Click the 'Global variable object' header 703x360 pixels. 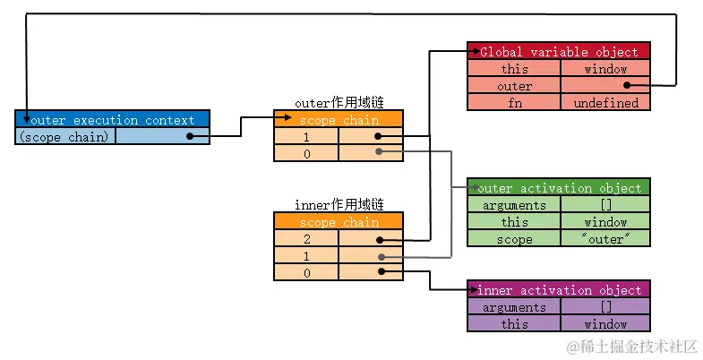tap(559, 52)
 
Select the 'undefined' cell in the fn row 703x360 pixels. tap(605, 103)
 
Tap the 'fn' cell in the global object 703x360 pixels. tap(514, 103)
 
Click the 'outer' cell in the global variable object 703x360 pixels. tap(514, 86)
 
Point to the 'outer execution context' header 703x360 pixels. tap(112, 120)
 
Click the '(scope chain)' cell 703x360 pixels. tap(65, 137)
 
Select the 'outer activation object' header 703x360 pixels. tap(559, 188)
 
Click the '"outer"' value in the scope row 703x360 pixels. tap(605, 239)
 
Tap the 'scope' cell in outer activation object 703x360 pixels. tap(514, 239)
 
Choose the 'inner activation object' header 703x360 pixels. tap(559, 290)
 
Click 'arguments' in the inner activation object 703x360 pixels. tap(514, 307)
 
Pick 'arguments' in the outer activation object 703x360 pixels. tap(514, 205)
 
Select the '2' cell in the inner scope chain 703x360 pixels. tap(306, 239)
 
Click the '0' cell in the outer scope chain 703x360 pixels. tap(306, 153)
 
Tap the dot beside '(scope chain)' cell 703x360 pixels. tap(190, 137)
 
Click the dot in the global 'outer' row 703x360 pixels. tap(627, 86)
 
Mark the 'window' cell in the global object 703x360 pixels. tap(605, 69)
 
